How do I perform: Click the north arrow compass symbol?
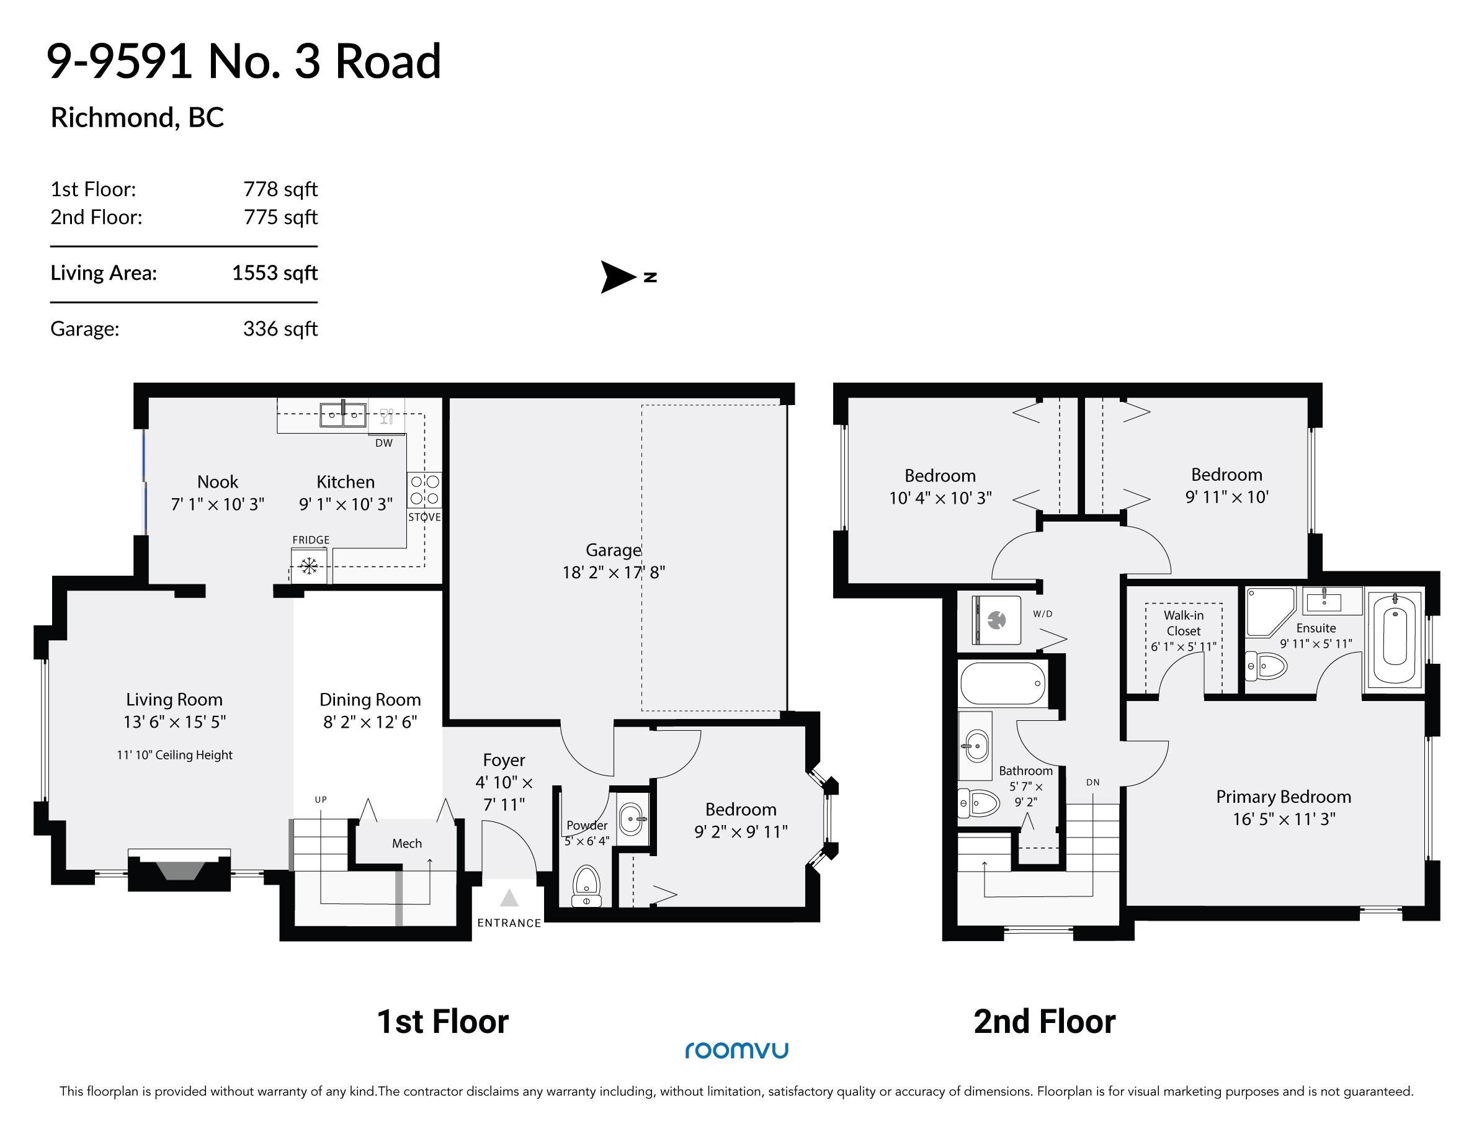tap(628, 277)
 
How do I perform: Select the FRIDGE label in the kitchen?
tap(311, 540)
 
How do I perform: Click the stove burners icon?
tap(425, 490)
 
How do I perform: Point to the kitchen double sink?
tap(344, 414)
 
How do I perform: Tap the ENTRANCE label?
tap(509, 923)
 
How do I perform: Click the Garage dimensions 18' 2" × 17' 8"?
tap(614, 573)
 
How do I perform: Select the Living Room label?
tap(174, 700)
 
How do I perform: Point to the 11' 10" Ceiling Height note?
tap(174, 755)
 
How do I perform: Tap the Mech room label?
tap(407, 844)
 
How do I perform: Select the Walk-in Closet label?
tap(1184, 623)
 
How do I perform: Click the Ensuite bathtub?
tap(1395, 638)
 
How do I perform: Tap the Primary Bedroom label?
tap(1284, 797)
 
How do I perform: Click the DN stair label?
tap(1092, 783)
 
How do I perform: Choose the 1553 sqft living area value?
tap(275, 272)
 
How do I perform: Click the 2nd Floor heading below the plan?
tap(1044, 1022)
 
